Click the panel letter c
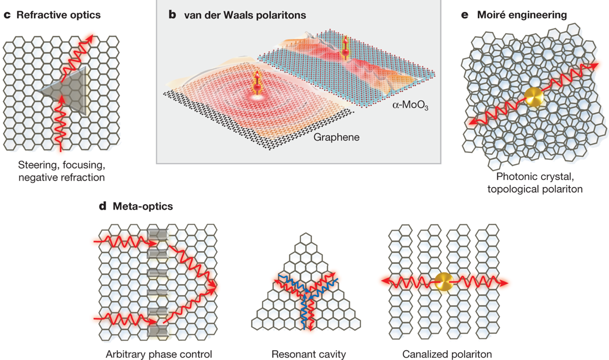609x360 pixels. (7, 15)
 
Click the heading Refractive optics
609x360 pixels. (59, 15)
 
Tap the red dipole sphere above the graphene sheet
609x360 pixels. (255, 87)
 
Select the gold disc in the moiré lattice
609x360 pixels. (534, 96)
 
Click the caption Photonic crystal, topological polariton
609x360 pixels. (531, 183)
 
